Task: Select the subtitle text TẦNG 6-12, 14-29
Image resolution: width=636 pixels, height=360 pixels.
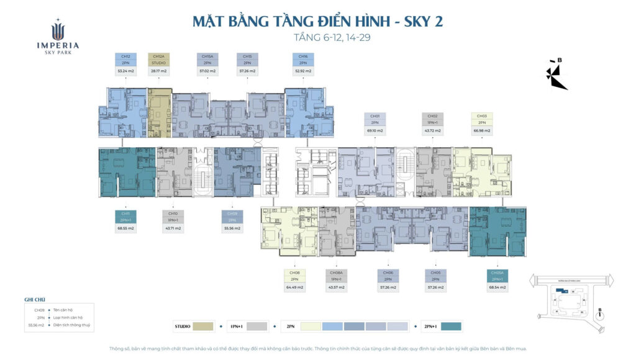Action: (334, 38)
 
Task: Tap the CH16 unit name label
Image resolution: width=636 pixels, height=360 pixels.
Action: (302, 56)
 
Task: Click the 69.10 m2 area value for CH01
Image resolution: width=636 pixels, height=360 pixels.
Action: (375, 131)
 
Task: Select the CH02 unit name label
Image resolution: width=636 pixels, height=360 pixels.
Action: (433, 116)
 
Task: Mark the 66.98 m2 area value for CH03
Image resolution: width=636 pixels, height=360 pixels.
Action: (482, 131)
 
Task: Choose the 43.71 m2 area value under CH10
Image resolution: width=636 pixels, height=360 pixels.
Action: (172, 228)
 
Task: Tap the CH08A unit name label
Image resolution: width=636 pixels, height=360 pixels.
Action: (336, 272)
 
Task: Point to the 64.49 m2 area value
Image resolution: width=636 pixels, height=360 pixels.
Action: (294, 287)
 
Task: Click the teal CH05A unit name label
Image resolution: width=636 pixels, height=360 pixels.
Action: (497, 272)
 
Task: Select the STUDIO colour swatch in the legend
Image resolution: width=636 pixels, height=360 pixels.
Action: (203, 326)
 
